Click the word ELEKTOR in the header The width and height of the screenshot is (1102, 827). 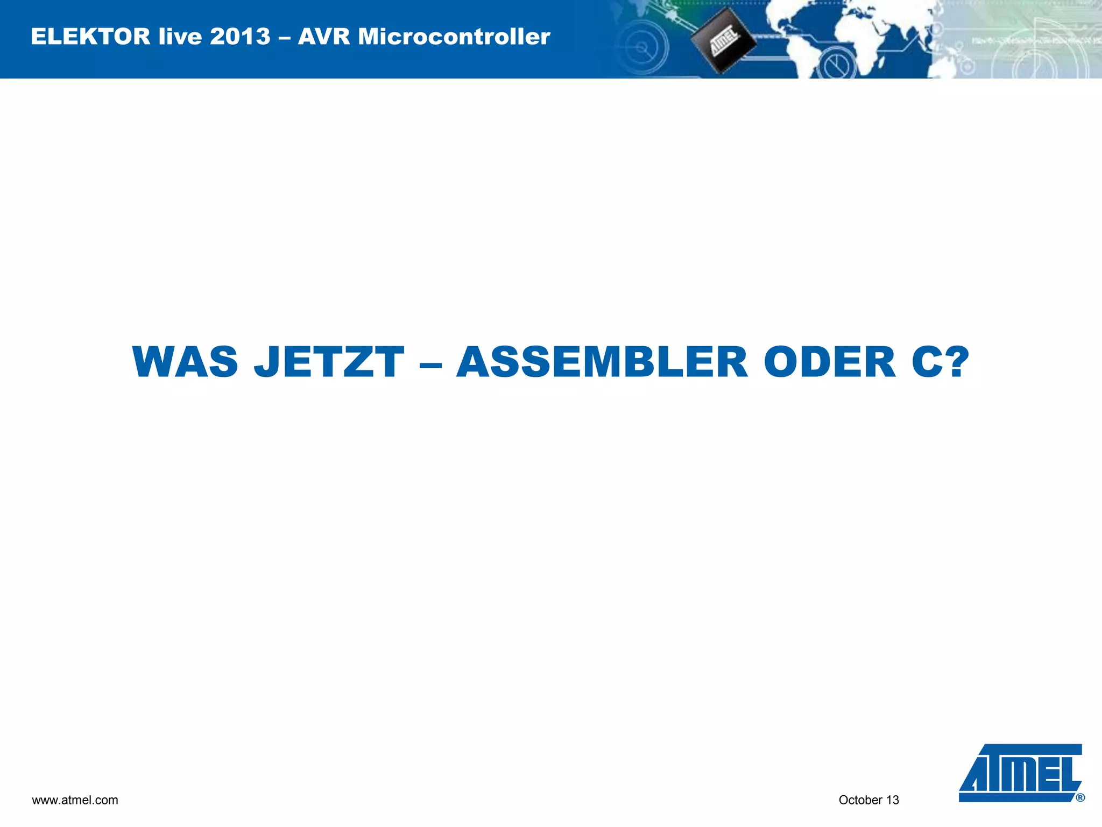pos(90,37)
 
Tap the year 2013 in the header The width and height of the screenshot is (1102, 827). pos(240,37)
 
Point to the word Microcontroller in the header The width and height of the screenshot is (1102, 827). pos(454,37)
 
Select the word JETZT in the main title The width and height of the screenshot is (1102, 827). pos(329,362)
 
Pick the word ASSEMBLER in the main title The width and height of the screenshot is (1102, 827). pos(602,362)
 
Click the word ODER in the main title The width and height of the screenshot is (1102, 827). pos(830,362)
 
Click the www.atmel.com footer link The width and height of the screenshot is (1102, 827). pos(75,800)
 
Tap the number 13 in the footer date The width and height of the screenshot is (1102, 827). pos(893,800)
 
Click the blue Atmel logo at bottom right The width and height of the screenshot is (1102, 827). pos(1020,773)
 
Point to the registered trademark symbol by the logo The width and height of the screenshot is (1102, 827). pos(1080,798)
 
